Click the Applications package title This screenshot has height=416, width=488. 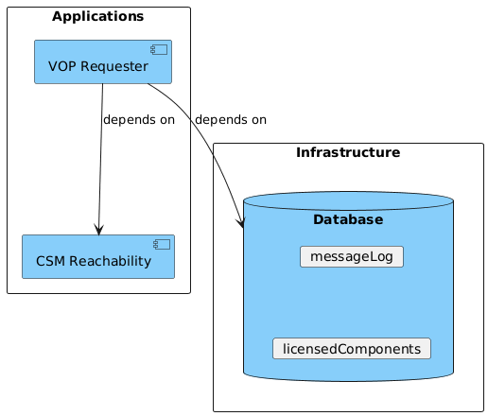pyautogui.click(x=98, y=16)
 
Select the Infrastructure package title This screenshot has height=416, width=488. pyautogui.click(x=348, y=152)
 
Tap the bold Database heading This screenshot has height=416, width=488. pyautogui.click(x=348, y=219)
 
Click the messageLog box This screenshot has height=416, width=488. pyautogui.click(x=351, y=256)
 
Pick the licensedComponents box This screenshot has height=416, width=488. pyautogui.click(x=351, y=348)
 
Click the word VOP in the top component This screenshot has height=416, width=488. pyautogui.click(x=62, y=66)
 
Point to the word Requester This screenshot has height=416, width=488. pyautogui.click(x=114, y=66)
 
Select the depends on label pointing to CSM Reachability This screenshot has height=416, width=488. pyautogui.click(x=138, y=121)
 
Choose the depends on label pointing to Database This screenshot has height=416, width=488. pyautogui.click(x=230, y=120)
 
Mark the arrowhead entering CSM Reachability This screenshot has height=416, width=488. pyautogui.click(x=98, y=230)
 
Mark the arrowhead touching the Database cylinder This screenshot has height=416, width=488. pyautogui.click(x=242, y=224)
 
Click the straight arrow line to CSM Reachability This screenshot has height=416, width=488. pyautogui.click(x=99, y=161)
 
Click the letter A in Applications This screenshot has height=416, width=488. pyautogui.click(x=57, y=16)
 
